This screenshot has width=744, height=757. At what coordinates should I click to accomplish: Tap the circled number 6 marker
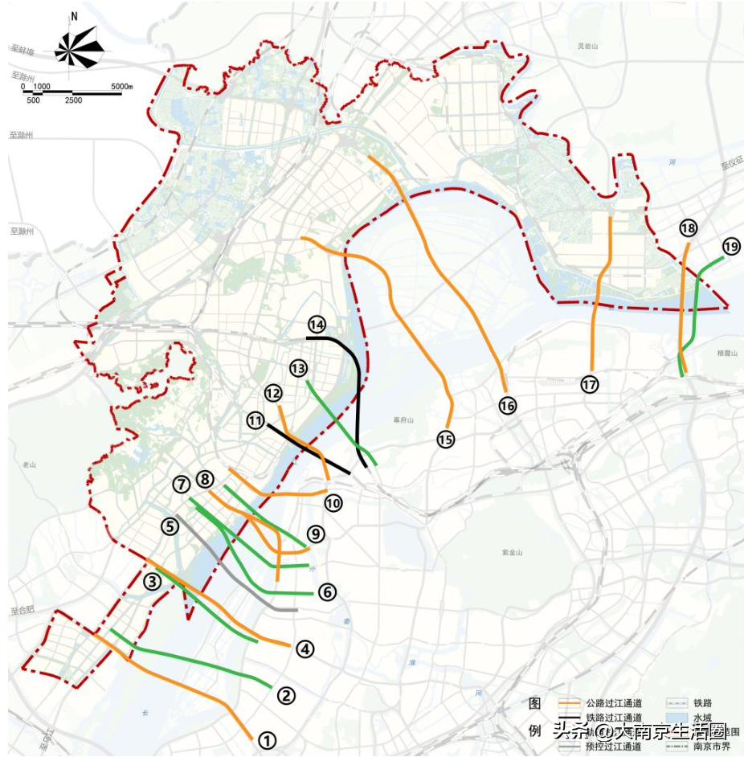tap(326, 592)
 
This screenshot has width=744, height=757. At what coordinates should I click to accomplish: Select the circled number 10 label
tap(333, 502)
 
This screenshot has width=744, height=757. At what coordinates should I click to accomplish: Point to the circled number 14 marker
tap(316, 325)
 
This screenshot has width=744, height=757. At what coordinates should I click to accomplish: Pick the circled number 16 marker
tap(507, 406)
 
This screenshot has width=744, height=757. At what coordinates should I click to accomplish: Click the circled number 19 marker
tap(730, 247)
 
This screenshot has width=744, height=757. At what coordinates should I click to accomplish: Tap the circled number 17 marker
tap(591, 385)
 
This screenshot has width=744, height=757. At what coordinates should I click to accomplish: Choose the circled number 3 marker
tap(153, 582)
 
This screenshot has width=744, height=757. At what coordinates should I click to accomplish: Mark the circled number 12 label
tap(273, 393)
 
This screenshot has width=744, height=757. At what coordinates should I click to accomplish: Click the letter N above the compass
tap(74, 16)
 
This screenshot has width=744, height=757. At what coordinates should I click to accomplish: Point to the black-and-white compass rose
tap(80, 48)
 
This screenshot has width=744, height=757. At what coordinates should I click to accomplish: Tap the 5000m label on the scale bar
tap(121, 86)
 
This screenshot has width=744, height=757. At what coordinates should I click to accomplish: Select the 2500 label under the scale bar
tap(73, 100)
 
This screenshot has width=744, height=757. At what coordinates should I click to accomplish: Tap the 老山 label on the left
tap(31, 464)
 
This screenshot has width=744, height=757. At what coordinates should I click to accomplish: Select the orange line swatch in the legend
tap(570, 703)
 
